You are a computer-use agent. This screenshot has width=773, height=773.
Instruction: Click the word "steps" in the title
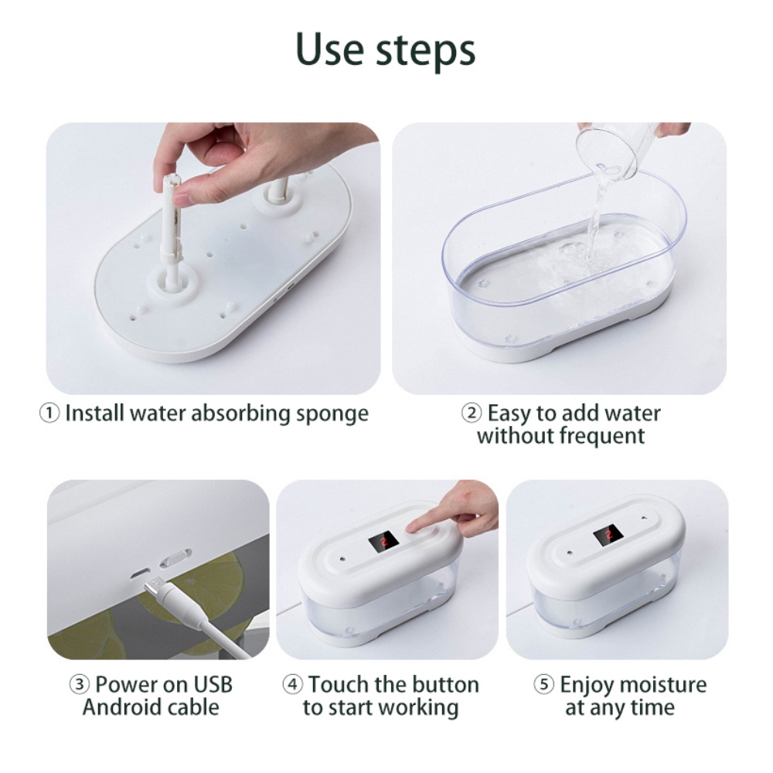[427, 52]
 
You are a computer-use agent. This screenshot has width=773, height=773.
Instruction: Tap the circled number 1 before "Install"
[49, 413]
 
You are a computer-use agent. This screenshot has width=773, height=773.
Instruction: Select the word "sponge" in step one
[332, 414]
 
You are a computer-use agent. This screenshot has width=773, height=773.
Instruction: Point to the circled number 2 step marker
[472, 413]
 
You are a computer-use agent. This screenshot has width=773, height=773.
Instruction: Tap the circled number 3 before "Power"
[80, 684]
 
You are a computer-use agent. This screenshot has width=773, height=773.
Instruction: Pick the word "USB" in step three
[212, 684]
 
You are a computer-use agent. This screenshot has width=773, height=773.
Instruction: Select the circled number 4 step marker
[292, 684]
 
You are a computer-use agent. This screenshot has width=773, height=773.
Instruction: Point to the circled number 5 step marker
[543, 684]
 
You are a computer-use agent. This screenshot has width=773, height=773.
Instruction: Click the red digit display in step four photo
[383, 541]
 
